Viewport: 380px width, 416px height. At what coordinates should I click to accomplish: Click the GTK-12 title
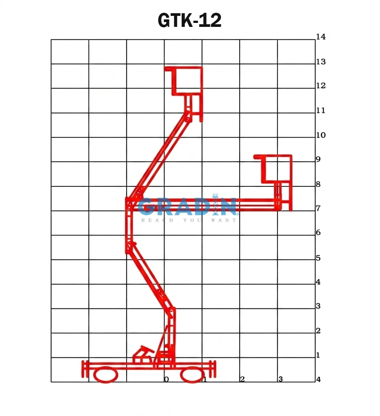189,20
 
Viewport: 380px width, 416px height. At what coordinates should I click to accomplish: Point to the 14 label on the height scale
321,37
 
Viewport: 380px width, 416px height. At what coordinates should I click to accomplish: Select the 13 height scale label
321,62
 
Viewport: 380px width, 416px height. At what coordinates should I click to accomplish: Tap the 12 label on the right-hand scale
321,85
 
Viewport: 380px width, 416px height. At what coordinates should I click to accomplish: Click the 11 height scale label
321,110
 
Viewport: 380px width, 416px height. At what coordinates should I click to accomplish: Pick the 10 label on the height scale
321,135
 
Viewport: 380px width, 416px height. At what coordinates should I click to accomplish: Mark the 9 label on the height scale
318,159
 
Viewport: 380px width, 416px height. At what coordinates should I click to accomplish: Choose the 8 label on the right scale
318,184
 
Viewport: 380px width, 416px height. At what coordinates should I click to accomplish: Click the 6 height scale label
318,232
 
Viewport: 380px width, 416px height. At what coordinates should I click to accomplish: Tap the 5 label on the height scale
318,258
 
